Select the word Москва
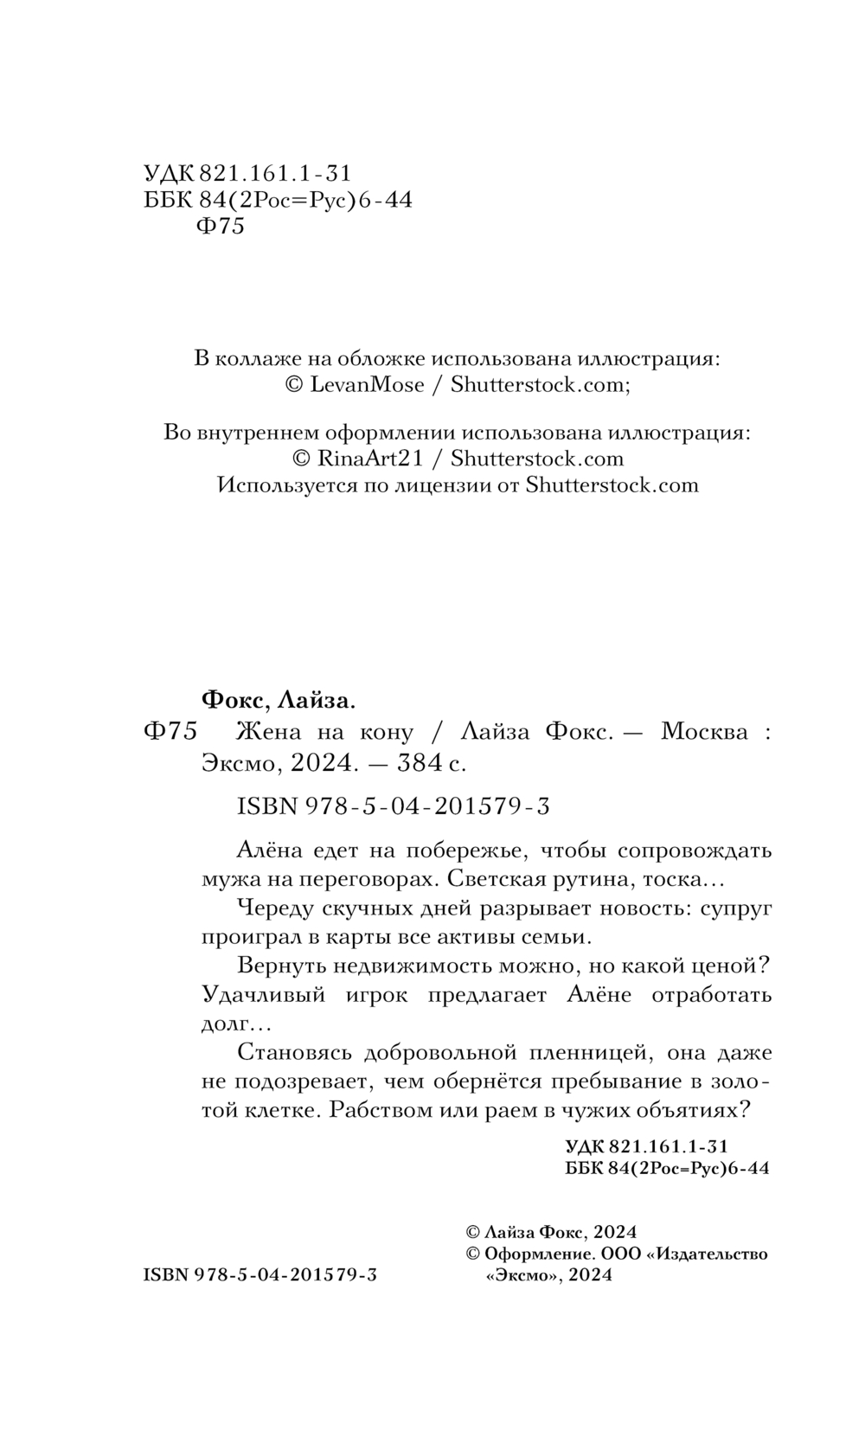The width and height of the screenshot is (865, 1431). pyautogui.click(x=704, y=731)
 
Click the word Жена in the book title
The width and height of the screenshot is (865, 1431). pyautogui.click(x=268, y=731)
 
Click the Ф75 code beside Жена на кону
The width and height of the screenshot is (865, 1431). pyautogui.click(x=170, y=731)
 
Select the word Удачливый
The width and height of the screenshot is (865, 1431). pyautogui.click(x=263, y=994)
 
